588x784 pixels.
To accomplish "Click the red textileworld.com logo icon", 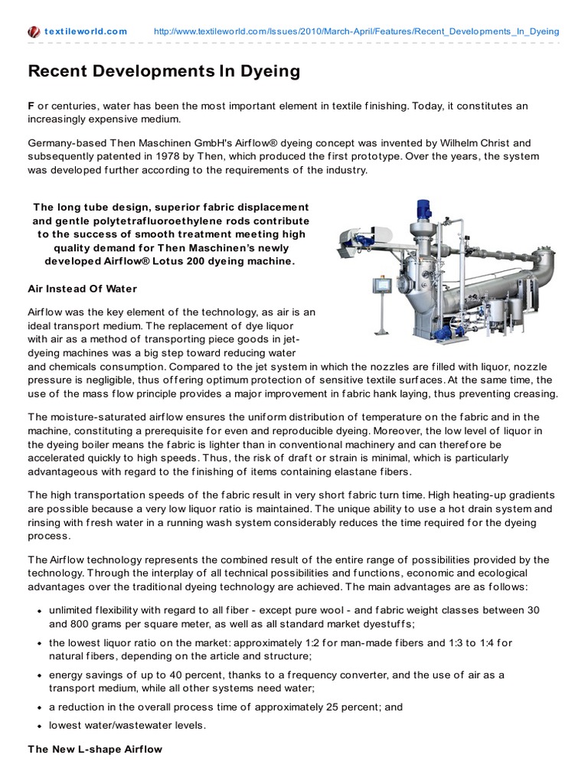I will [x=34, y=31].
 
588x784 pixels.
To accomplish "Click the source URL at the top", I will [x=356, y=31].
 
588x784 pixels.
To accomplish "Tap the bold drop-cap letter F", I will [x=31, y=105].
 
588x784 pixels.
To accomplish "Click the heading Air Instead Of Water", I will [x=82, y=289].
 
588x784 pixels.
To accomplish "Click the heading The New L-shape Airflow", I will [x=95, y=750].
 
